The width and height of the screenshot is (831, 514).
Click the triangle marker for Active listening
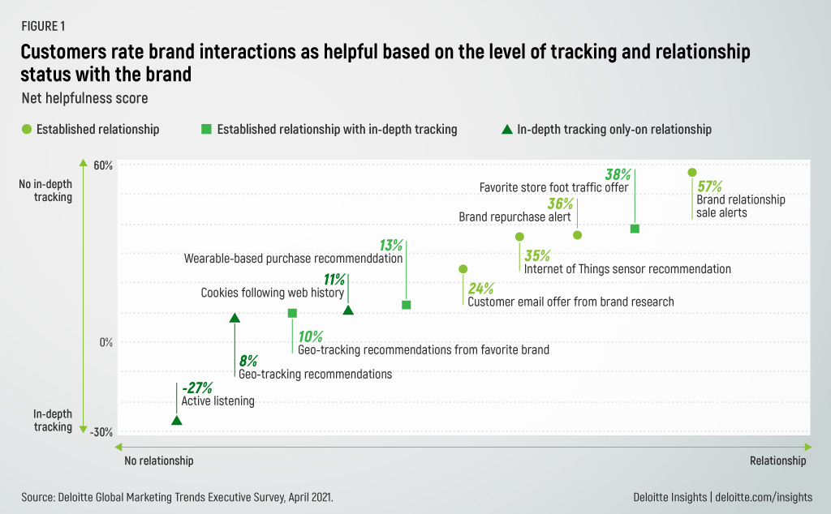point(177,420)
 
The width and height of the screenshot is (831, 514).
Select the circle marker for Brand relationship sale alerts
point(692,173)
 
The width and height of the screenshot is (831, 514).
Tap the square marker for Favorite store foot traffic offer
point(635,229)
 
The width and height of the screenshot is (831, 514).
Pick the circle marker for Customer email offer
point(463,269)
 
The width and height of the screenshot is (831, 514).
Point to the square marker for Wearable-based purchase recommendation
point(407,305)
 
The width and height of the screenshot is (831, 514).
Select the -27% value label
point(197,387)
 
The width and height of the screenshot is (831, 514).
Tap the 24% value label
point(480,288)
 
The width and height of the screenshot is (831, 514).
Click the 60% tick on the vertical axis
point(102,165)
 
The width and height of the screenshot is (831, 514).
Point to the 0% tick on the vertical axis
point(105,342)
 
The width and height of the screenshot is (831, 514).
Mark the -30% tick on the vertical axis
point(101,432)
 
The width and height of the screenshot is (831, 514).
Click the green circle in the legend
point(27,129)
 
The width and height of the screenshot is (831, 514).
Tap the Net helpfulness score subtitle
point(80,98)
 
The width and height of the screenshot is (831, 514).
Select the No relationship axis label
point(159,460)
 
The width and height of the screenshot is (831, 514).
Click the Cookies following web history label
point(273,293)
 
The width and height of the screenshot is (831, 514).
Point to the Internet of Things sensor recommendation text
point(627,269)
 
